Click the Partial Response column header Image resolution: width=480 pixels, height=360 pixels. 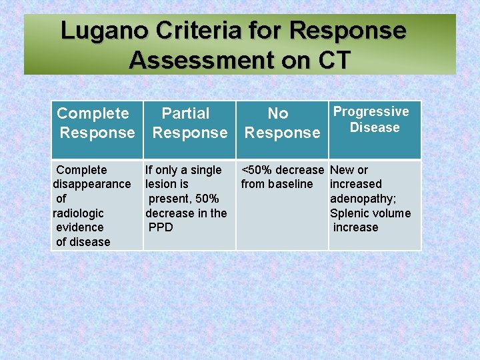189,123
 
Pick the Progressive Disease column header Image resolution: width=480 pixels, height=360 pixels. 372,119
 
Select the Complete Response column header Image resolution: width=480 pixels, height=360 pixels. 95,123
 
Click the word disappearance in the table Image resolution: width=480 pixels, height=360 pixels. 92,184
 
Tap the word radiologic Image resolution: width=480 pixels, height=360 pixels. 78,213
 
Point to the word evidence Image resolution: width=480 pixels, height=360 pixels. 79,227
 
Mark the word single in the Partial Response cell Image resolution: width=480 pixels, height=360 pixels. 205,170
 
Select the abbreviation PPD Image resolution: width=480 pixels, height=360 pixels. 161,227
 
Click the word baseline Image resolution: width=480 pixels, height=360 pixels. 290,184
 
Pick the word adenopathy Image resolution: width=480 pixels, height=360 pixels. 363,199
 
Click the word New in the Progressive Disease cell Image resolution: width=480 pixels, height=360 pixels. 342,170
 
